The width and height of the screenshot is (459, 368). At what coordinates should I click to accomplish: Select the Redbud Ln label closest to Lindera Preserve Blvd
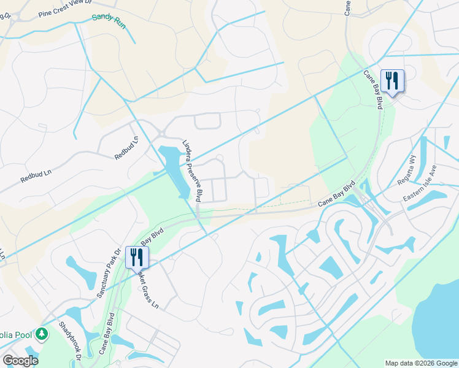(x=126, y=148)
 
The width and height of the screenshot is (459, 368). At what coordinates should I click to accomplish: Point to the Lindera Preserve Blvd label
(x=192, y=171)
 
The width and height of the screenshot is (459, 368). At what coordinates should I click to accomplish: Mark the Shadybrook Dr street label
(x=71, y=341)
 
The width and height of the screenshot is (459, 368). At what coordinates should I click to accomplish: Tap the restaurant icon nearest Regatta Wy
(x=391, y=80)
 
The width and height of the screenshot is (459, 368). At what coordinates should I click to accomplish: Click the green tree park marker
(x=42, y=334)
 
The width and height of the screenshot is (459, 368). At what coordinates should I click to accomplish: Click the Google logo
(x=20, y=361)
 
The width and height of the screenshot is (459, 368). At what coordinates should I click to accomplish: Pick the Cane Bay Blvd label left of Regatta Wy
(x=337, y=194)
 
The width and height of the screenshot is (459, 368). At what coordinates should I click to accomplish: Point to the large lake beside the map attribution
(x=439, y=325)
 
